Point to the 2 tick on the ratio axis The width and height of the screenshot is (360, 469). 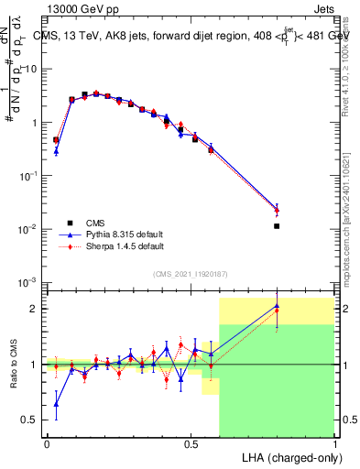click(34, 309)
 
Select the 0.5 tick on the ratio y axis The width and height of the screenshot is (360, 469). click(30, 420)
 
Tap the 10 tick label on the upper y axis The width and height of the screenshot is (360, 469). click(31, 69)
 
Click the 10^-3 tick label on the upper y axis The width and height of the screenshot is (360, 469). click(28, 282)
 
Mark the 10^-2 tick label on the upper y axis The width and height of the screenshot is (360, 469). click(28, 229)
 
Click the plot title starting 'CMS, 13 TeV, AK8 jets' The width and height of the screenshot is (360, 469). click(189, 36)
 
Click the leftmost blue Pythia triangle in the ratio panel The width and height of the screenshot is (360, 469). click(56, 403)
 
